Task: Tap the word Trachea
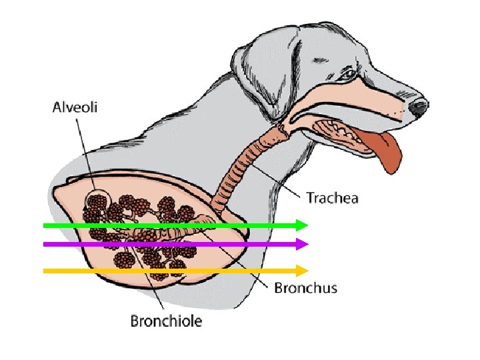tap(332, 197)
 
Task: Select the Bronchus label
tap(306, 288)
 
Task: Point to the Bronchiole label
tap(166, 321)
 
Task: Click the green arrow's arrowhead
tap(303, 225)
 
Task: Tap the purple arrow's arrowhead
tap(303, 245)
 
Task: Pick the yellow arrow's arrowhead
tap(303, 271)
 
